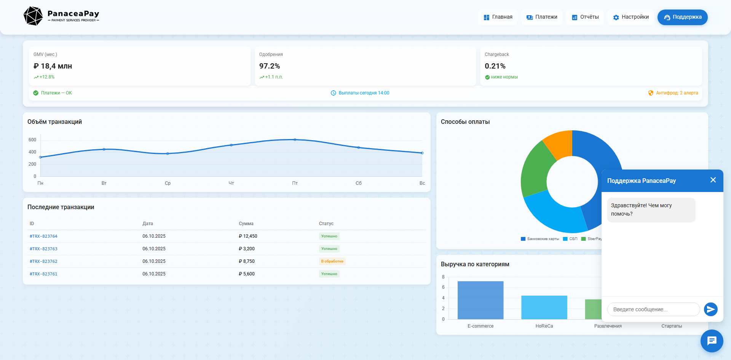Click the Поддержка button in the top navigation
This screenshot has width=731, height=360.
[x=682, y=17]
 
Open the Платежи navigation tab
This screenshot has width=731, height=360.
[x=541, y=17]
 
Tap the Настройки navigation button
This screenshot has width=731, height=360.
[x=630, y=17]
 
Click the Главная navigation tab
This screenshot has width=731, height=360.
[x=498, y=17]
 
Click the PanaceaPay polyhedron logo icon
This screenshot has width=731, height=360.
[x=33, y=16]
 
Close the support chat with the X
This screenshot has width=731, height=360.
[x=713, y=180]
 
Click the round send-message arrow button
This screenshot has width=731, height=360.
[x=710, y=309]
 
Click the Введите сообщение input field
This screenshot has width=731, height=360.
[x=653, y=309]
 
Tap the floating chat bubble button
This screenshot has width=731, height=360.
[x=712, y=341]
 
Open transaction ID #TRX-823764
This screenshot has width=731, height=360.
[x=43, y=236]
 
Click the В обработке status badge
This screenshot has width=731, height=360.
[x=332, y=261]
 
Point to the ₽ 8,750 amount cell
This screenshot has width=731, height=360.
[x=247, y=261]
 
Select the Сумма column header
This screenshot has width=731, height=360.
[x=246, y=224]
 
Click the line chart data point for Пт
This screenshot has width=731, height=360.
[x=295, y=140]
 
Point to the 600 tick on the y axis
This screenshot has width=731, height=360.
[x=32, y=140]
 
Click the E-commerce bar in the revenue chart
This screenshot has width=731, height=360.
[x=480, y=300]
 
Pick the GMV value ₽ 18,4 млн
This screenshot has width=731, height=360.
[x=53, y=66]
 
